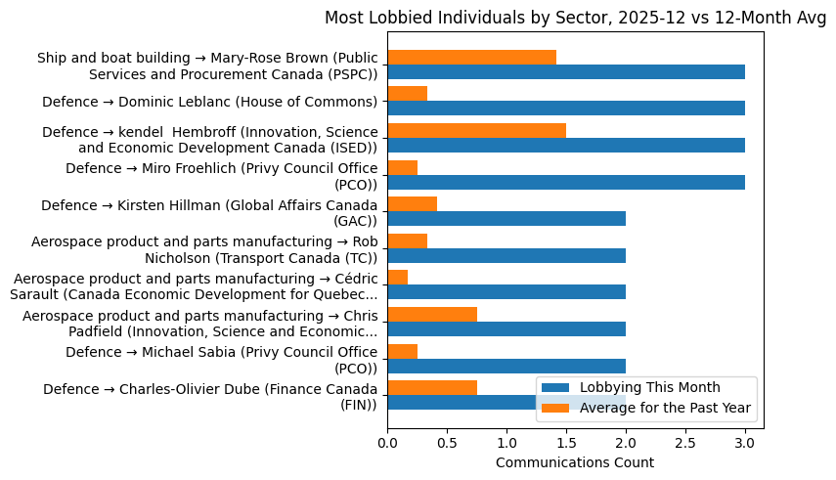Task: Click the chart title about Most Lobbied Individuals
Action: [575, 18]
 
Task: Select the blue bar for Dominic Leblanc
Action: [566, 109]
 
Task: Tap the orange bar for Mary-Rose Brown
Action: [471, 57]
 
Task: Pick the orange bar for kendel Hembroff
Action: [476, 131]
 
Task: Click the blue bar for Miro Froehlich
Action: [566, 182]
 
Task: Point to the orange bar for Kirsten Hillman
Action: [412, 203]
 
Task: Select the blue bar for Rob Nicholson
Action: [506, 255]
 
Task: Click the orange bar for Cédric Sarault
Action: [397, 278]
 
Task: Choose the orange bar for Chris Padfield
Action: [432, 314]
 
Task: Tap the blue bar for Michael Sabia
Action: [506, 366]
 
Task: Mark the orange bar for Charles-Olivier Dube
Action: [432, 387]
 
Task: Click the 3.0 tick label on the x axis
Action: [745, 443]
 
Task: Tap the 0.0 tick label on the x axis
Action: [387, 443]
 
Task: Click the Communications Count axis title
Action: [575, 462]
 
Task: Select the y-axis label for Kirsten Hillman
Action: [209, 213]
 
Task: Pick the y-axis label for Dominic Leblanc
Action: [209, 102]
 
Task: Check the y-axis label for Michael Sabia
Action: [221, 360]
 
